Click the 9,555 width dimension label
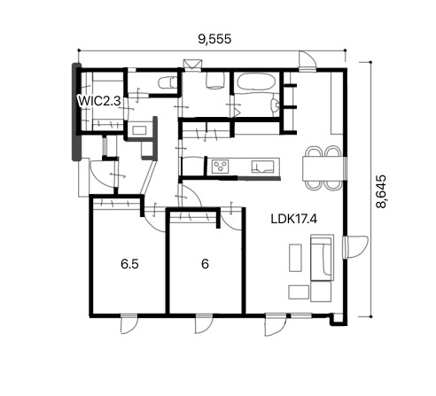pyautogui.click(x=214, y=39)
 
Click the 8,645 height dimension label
pyautogui.click(x=381, y=191)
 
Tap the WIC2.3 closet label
pyautogui.click(x=99, y=101)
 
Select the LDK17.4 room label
pyautogui.click(x=294, y=219)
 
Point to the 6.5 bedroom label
pyautogui.click(x=129, y=264)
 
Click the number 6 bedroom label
pyautogui.click(x=205, y=264)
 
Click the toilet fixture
pyautogui.click(x=167, y=82)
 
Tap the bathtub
pyautogui.click(x=256, y=82)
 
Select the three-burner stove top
pyautogui.click(x=221, y=166)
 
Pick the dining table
pyautogui.click(x=323, y=168)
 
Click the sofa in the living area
pyautogui.click(x=322, y=258)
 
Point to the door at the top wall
pyautogui.click(x=308, y=61)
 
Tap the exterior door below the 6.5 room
pyautogui.click(x=128, y=323)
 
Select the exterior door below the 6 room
pyautogui.click(x=204, y=323)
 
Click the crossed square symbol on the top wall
pyautogui.click(x=192, y=65)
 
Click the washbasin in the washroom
pyautogui.click(x=138, y=130)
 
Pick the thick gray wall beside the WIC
pyautogui.click(x=77, y=112)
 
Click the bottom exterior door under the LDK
pyautogui.click(x=275, y=324)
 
